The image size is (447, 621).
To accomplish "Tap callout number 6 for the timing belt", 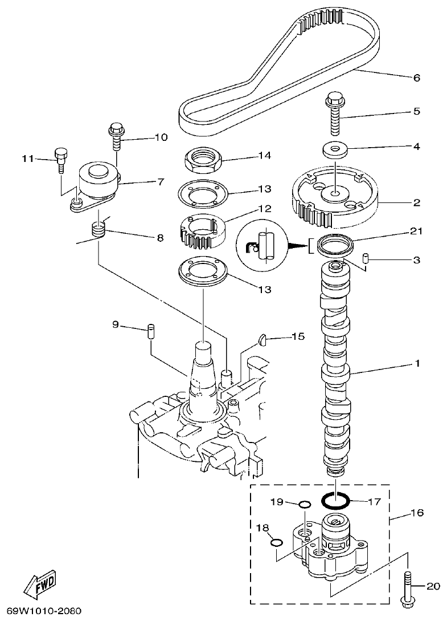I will (x=416, y=78).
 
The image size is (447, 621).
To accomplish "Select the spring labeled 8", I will (x=100, y=231).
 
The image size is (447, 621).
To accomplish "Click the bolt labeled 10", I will (x=116, y=136).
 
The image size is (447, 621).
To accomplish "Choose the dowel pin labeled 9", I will (x=151, y=331).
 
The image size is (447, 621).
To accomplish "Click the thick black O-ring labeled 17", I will (x=335, y=501).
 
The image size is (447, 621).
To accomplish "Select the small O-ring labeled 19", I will (x=305, y=504).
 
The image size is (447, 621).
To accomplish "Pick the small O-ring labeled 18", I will (x=276, y=542).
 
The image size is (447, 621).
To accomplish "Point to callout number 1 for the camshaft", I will (x=416, y=363).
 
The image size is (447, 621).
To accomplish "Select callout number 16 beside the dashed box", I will (x=417, y=513).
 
